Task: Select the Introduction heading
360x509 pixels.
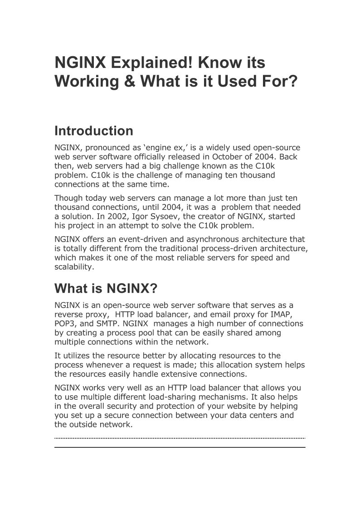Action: coord(94,131)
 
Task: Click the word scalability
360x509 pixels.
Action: coord(73,267)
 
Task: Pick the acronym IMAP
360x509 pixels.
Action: coord(281,315)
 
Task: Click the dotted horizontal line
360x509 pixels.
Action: coord(180,438)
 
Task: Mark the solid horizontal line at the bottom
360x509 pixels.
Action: coord(180,447)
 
